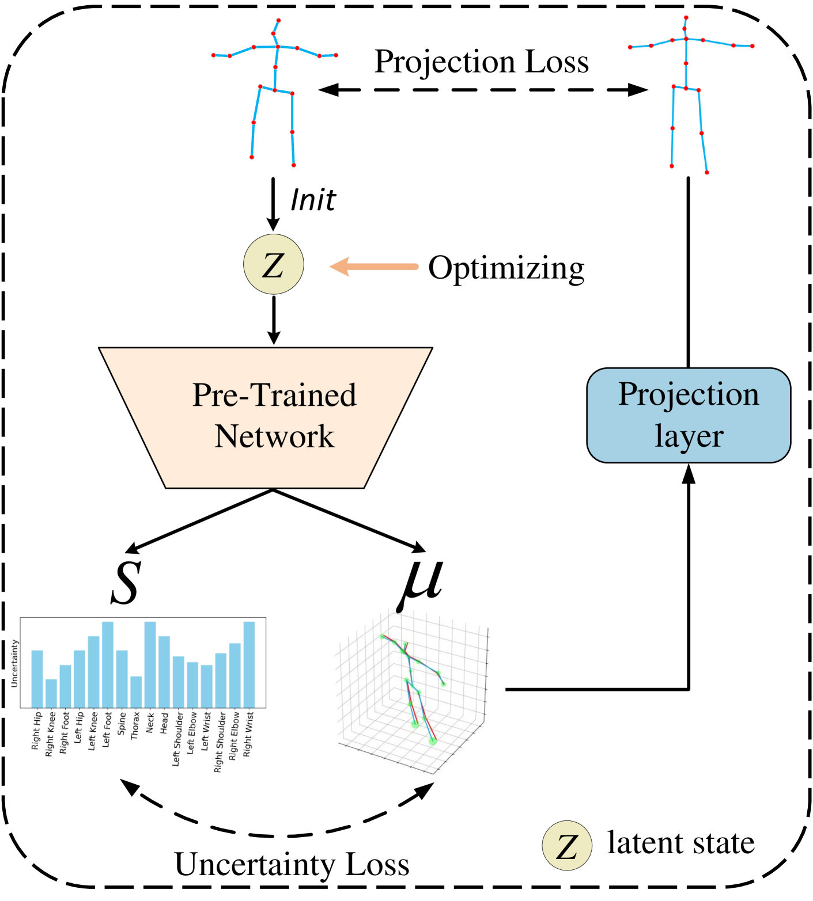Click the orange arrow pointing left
(375, 267)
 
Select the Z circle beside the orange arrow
(274, 264)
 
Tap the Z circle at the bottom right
(567, 845)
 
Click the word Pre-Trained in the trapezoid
(274, 395)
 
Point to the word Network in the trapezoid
(274, 436)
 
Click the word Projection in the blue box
(689, 394)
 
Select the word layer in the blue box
(689, 436)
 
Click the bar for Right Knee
(51, 693)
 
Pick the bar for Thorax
(136, 691)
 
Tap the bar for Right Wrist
(249, 664)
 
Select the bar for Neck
(150, 664)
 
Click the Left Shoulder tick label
(178, 739)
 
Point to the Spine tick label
(122, 724)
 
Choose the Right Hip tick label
(37, 731)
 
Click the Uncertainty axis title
(14, 663)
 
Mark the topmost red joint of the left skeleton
(279, 20)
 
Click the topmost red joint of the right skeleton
(686, 18)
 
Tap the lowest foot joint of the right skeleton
(706, 173)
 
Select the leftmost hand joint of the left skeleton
(214, 55)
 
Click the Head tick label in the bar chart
(164, 723)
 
